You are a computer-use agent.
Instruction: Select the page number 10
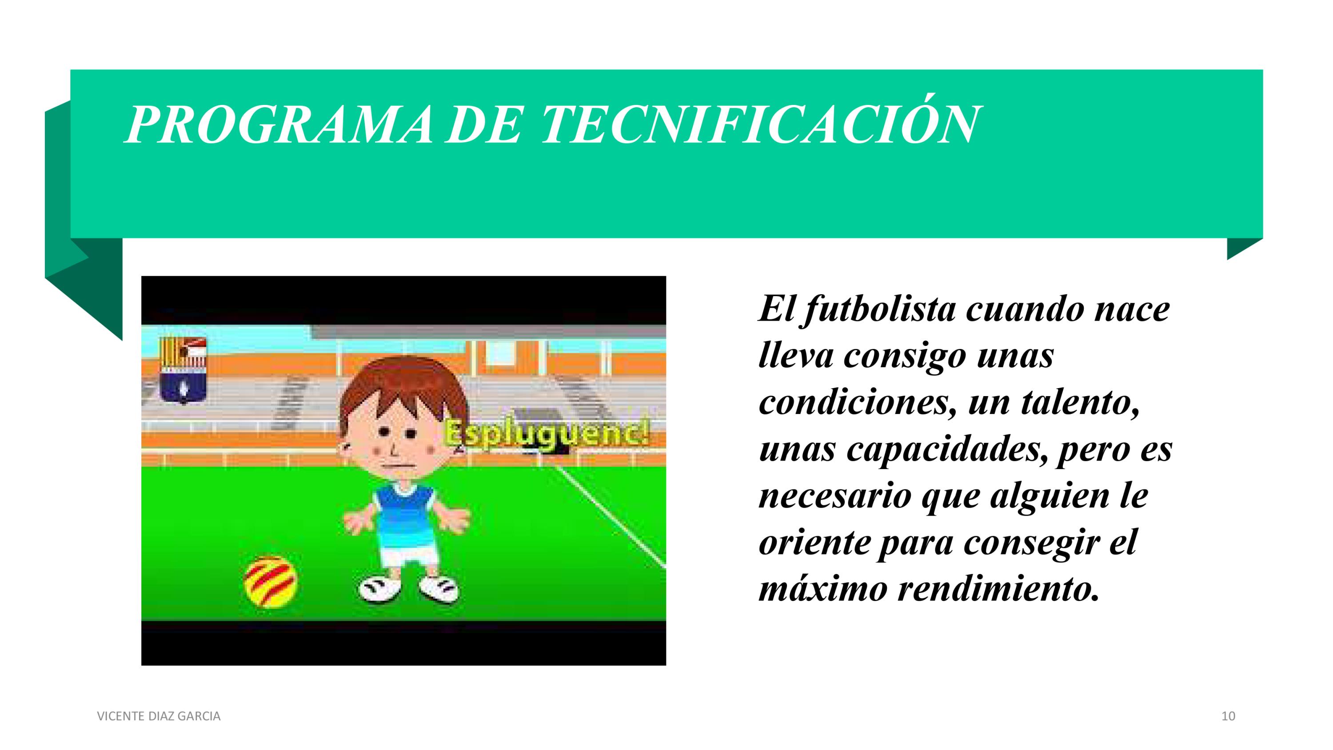click(x=1229, y=716)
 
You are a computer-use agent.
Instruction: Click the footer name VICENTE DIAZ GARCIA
click(x=159, y=716)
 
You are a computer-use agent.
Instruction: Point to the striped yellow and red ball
click(x=271, y=581)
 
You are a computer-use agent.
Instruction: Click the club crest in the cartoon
click(x=183, y=369)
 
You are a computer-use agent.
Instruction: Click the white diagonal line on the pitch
click(x=611, y=514)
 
